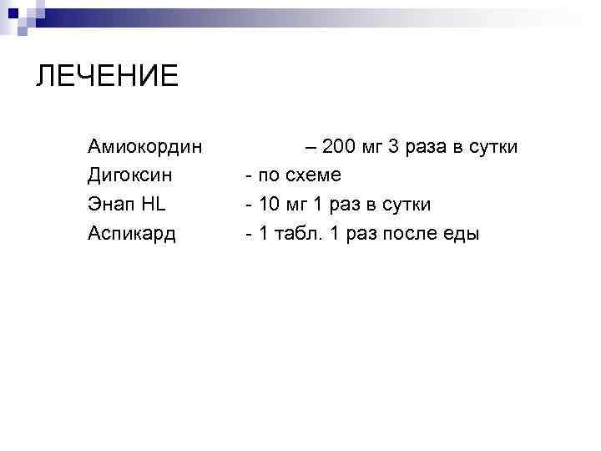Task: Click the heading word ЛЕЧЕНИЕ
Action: pyautogui.click(x=107, y=77)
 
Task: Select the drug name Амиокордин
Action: pyautogui.click(x=144, y=148)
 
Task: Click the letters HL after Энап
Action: pyautogui.click(x=154, y=205)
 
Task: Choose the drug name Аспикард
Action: pyautogui.click(x=131, y=234)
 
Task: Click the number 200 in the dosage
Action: pyautogui.click(x=338, y=148)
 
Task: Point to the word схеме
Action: pyautogui.click(x=311, y=176)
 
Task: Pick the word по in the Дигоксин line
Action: pyautogui.click(x=269, y=176)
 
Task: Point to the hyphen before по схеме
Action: pyautogui.click(x=248, y=176)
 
